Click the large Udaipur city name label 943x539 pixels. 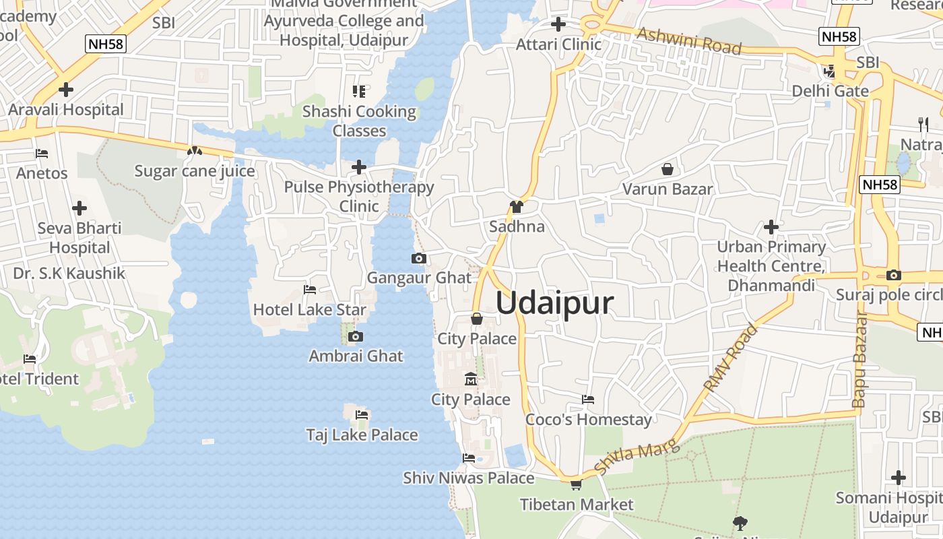tap(554, 303)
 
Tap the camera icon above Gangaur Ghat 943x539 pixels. tap(418, 258)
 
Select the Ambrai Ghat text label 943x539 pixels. tap(356, 356)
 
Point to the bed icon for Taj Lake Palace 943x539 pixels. tap(362, 414)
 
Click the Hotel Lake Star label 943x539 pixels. tap(309, 310)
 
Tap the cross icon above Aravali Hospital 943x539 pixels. tap(66, 89)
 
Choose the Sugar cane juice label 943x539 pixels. tap(195, 171)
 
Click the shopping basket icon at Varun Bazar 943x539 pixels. tap(668, 168)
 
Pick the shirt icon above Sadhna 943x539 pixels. tap(517, 206)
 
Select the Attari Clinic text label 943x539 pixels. tap(558, 44)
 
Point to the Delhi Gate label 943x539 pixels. tap(830, 91)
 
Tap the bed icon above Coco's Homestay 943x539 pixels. tap(588, 400)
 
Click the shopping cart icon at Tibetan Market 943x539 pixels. tap(576, 484)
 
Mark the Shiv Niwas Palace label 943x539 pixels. tap(469, 478)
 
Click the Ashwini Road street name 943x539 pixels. tap(689, 40)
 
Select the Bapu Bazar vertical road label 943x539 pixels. tap(860, 360)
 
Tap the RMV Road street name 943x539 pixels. tap(731, 358)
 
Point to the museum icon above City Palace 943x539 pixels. tap(471, 379)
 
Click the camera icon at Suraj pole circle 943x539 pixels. tap(894, 275)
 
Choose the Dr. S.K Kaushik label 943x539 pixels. tap(69, 273)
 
